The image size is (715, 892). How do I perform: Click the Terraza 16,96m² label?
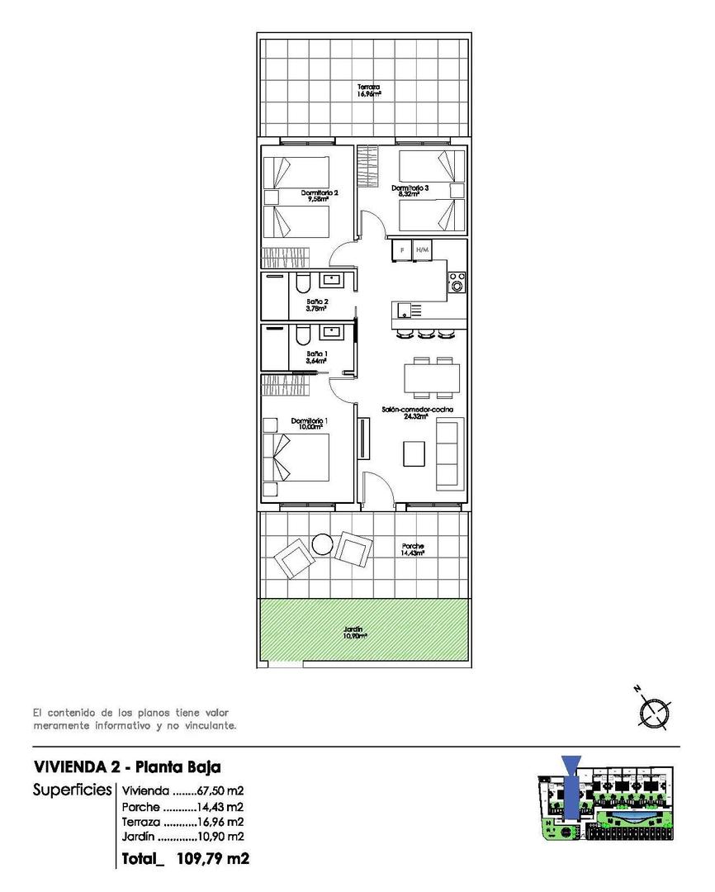[x=368, y=91]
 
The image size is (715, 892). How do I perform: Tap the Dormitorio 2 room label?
[x=315, y=196]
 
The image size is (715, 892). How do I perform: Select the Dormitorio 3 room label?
[x=410, y=191]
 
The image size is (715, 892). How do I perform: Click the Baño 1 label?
[x=317, y=357]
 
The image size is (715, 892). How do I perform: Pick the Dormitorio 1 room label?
[x=310, y=424]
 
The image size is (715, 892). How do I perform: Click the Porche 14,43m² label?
[x=413, y=549]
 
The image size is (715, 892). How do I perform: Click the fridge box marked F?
[x=402, y=249]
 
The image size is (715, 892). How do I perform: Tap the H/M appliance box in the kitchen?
[x=423, y=249]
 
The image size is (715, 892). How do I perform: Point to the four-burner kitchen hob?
[x=456, y=283]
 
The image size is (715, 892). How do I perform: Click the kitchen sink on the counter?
[x=404, y=311]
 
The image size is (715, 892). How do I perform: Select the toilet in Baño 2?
[x=302, y=284]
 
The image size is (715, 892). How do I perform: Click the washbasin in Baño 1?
[x=333, y=332]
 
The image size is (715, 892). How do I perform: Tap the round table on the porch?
[x=322, y=544]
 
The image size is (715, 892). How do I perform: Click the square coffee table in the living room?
[x=414, y=453]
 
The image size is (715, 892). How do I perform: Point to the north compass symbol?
[x=655, y=712]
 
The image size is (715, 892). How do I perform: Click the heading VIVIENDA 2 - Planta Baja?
[x=126, y=766]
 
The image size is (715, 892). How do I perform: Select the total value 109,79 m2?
[x=207, y=859]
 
